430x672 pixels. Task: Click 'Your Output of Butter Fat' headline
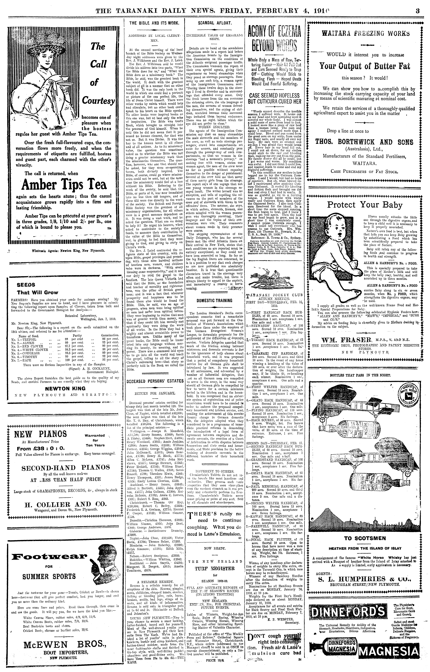point(365,66)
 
